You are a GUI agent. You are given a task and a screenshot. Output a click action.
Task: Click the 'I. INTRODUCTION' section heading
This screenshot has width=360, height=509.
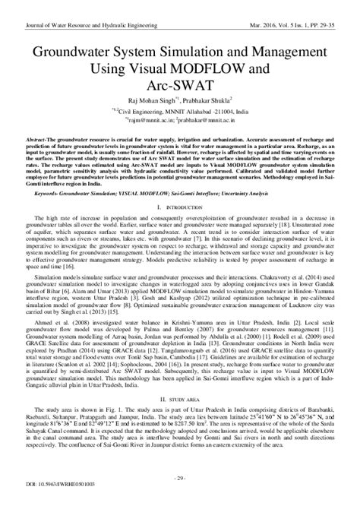(x=181, y=207)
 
